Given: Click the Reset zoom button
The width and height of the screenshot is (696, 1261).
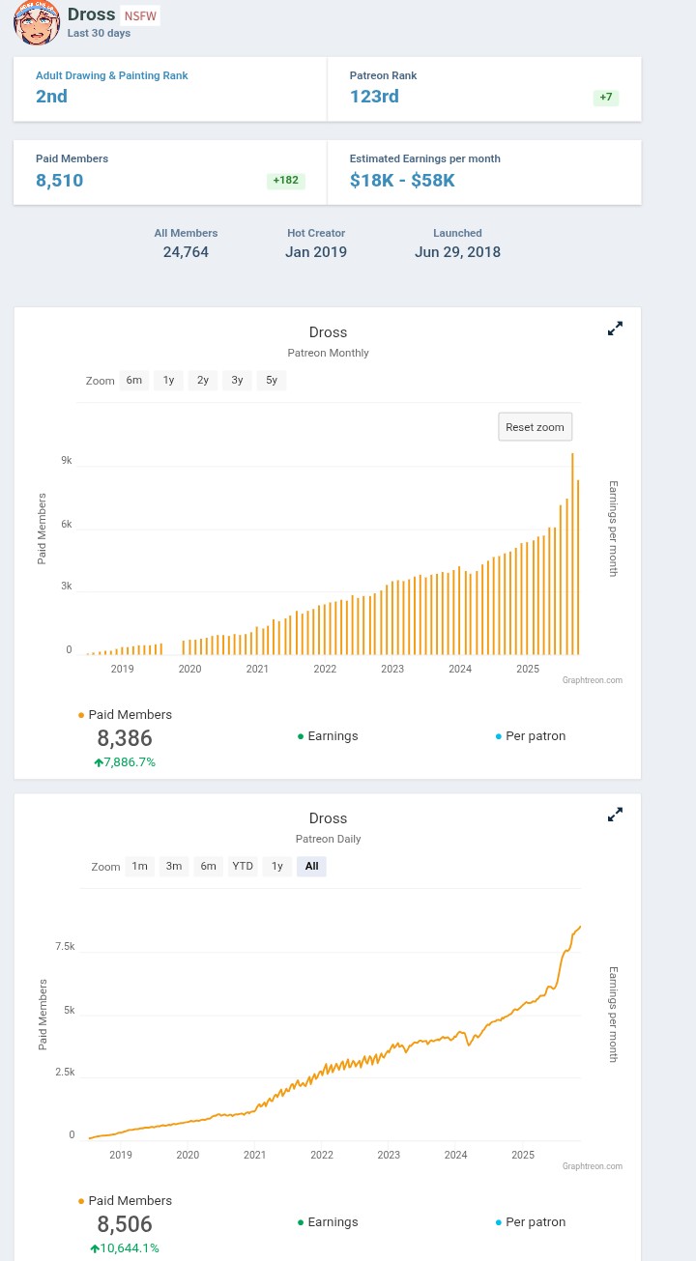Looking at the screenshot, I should pyautogui.click(x=535, y=426).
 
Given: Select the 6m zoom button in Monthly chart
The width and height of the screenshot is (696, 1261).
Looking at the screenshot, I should pyautogui.click(x=133, y=380).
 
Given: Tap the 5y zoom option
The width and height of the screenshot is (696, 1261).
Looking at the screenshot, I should pyautogui.click(x=272, y=380).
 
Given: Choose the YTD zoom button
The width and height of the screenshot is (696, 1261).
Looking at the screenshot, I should pyautogui.click(x=243, y=866).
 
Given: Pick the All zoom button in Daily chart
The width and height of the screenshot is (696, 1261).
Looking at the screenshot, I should pyautogui.click(x=311, y=866).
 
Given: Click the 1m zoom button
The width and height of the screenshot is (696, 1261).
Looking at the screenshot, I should pyautogui.click(x=139, y=866).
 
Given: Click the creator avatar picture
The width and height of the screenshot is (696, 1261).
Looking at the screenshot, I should pyautogui.click(x=36, y=23).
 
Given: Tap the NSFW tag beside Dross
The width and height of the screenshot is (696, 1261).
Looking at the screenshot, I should pyautogui.click(x=141, y=15).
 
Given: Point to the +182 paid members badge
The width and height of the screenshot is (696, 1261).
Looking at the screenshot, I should pyautogui.click(x=285, y=181).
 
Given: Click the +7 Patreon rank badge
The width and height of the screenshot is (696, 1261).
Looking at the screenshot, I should pyautogui.click(x=605, y=98).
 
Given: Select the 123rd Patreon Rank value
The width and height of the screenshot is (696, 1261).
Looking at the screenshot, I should pyautogui.click(x=374, y=97).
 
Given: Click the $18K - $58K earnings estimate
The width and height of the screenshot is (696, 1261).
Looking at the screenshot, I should pyautogui.click(x=402, y=180).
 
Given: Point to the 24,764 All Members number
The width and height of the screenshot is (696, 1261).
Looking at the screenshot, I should pyautogui.click(x=186, y=252).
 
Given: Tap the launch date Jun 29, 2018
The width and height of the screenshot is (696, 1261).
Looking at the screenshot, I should pyautogui.click(x=457, y=252).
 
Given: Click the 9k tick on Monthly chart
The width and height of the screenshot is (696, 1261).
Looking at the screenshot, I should pyautogui.click(x=66, y=461).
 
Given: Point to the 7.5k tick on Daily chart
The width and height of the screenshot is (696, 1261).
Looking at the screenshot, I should pyautogui.click(x=65, y=946).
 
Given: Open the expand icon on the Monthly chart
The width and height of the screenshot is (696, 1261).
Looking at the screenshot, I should pyautogui.click(x=615, y=329).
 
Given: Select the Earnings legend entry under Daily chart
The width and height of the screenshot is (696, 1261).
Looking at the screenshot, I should pyautogui.click(x=328, y=1221).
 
